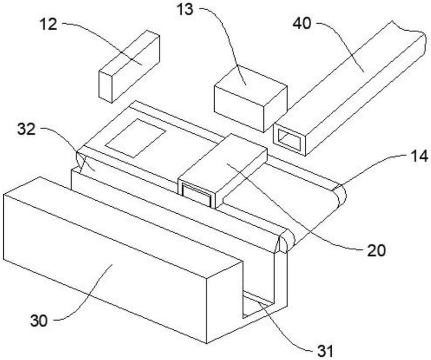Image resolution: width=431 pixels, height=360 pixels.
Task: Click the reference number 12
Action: pyautogui.click(x=49, y=24)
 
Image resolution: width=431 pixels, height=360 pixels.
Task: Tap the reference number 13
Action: pyautogui.click(x=184, y=10)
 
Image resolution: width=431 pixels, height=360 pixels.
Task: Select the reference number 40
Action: pyautogui.click(x=302, y=23)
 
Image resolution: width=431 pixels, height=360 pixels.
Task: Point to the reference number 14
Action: pyautogui.click(x=419, y=157)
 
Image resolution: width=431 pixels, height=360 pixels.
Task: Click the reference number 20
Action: pyautogui.click(x=377, y=250)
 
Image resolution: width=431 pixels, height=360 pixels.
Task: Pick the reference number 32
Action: pyautogui.click(x=26, y=129)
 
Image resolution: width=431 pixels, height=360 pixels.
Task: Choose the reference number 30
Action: pyautogui.click(x=39, y=321)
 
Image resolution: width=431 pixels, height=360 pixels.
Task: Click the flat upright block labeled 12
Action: pyautogui.click(x=129, y=66)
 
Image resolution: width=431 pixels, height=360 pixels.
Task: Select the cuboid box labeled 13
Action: pyautogui.click(x=250, y=98)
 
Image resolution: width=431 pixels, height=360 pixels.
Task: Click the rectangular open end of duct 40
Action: pyautogui.click(x=290, y=139)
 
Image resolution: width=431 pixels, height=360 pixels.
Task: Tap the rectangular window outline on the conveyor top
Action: pyautogui.click(x=135, y=138)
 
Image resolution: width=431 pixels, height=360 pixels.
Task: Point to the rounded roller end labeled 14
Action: pyautogui.click(x=340, y=195)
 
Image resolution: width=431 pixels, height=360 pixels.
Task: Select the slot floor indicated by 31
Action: pyautogui.click(x=258, y=304)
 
